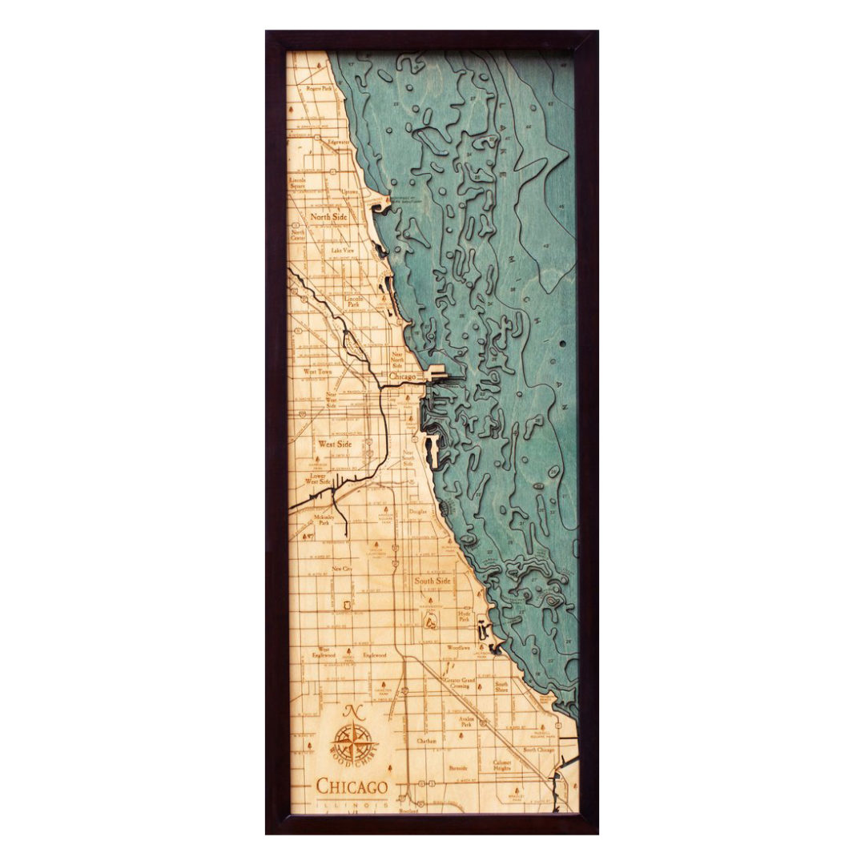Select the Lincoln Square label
coord(298,183)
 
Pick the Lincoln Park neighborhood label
coord(353,301)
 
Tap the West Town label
coord(317,372)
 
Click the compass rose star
coord(352,741)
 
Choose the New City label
coord(342,569)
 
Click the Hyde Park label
coord(464,616)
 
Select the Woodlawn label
coord(459,646)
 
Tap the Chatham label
coord(426,741)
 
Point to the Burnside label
coord(458,767)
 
